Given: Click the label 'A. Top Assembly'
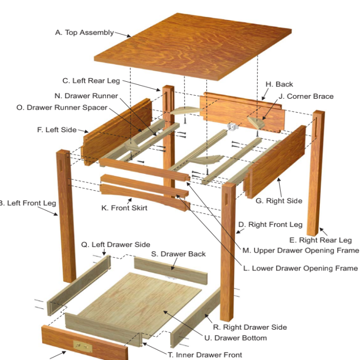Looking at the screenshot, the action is pyautogui.click(x=84, y=32).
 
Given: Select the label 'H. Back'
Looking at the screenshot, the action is pyautogui.click(x=279, y=84).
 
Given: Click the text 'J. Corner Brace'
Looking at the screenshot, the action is pyautogui.click(x=306, y=97).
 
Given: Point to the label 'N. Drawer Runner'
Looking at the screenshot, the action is pyautogui.click(x=86, y=96).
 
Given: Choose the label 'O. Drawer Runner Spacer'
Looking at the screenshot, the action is pyautogui.click(x=62, y=107).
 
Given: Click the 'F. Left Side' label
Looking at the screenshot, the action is pyautogui.click(x=57, y=130).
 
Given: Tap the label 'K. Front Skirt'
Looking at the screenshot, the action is pyautogui.click(x=124, y=208).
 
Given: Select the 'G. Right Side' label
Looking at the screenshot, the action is pyautogui.click(x=279, y=201).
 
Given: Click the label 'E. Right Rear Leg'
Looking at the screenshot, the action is pyautogui.click(x=320, y=240).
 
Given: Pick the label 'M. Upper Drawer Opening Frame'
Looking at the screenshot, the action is pyautogui.click(x=301, y=250).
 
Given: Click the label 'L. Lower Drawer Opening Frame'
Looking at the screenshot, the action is pyautogui.click(x=300, y=268).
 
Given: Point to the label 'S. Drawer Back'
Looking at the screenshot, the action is pyautogui.click(x=178, y=254).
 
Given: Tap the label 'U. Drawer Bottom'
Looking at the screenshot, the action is pyautogui.click(x=236, y=338).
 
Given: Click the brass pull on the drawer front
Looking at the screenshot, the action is pyautogui.click(x=83, y=346).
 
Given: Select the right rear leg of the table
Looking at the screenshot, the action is pyautogui.click(x=316, y=173).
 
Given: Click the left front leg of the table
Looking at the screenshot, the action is pyautogui.click(x=66, y=216).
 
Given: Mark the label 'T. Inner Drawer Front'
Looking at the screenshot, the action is pyautogui.click(x=205, y=355).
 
